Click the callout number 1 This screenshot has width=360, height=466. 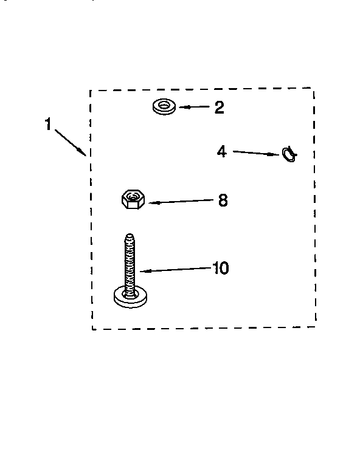[48, 124]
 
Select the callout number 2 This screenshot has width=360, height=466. [220, 108]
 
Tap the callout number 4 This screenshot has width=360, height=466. [221, 151]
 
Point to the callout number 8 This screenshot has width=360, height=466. [223, 200]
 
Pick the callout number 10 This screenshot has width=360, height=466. [221, 268]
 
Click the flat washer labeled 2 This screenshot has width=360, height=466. [164, 107]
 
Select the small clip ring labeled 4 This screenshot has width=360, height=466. [289, 154]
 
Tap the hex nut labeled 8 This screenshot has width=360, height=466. [133, 199]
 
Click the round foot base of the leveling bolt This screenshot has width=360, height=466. [130, 297]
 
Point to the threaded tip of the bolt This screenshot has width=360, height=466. [130, 237]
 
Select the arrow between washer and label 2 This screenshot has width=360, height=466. [195, 107]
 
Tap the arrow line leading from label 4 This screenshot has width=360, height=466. [256, 153]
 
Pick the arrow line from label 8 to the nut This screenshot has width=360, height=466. [181, 202]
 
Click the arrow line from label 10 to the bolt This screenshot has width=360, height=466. [176, 270]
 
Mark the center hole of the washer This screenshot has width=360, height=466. [164, 105]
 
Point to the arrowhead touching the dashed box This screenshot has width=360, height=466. [83, 152]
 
